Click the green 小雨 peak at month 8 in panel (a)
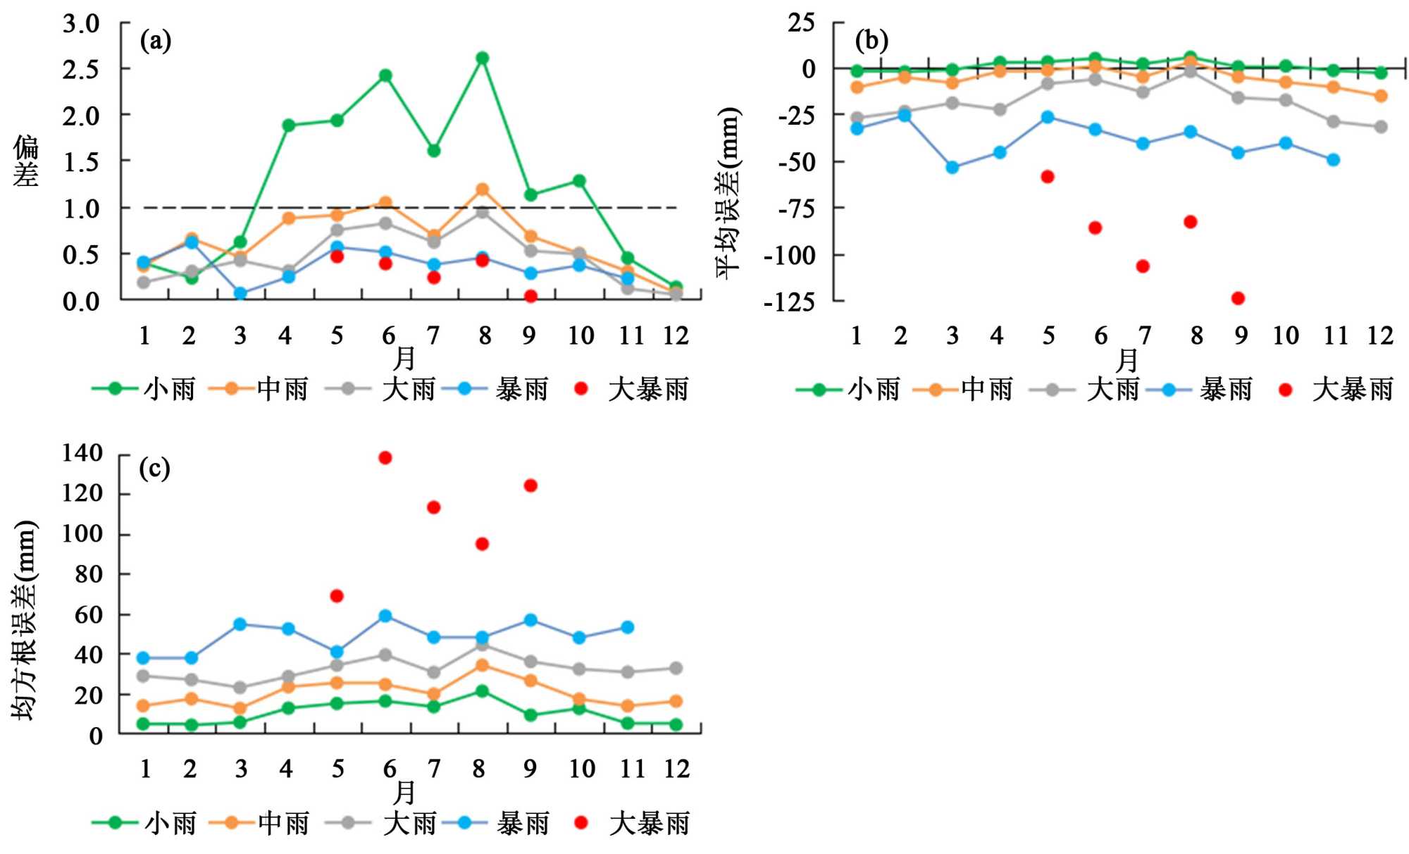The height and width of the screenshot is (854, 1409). click(x=483, y=58)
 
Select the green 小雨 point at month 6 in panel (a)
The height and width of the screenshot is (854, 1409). click(x=385, y=75)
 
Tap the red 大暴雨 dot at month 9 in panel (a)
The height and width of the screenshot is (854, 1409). click(x=530, y=296)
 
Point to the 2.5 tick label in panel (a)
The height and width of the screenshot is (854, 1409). click(x=81, y=69)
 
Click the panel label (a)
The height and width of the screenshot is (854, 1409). click(x=156, y=41)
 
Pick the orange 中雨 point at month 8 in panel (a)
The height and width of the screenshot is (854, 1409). click(x=483, y=190)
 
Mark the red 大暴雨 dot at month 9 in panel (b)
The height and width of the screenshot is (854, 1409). click(x=1238, y=298)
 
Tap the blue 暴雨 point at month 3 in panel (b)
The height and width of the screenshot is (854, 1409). click(x=952, y=168)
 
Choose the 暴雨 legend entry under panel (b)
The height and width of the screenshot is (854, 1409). click(x=1200, y=389)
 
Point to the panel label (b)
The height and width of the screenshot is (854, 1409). click(x=871, y=41)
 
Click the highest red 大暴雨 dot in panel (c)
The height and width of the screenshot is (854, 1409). click(x=385, y=458)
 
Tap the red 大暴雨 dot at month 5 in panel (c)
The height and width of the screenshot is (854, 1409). click(x=337, y=596)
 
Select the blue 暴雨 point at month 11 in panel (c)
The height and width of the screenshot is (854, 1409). click(x=628, y=627)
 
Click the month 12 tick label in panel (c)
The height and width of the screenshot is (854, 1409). click(x=676, y=768)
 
